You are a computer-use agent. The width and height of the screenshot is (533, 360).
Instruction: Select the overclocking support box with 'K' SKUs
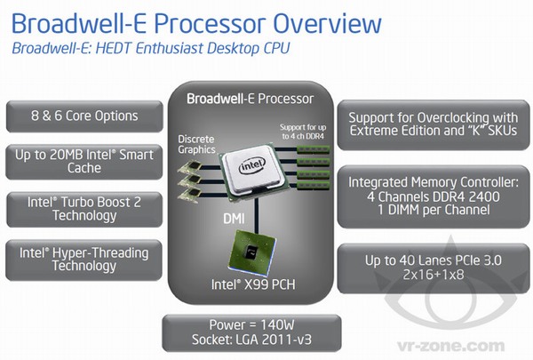(433, 124)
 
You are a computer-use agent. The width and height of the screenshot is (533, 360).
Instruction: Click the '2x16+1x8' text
(432, 276)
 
